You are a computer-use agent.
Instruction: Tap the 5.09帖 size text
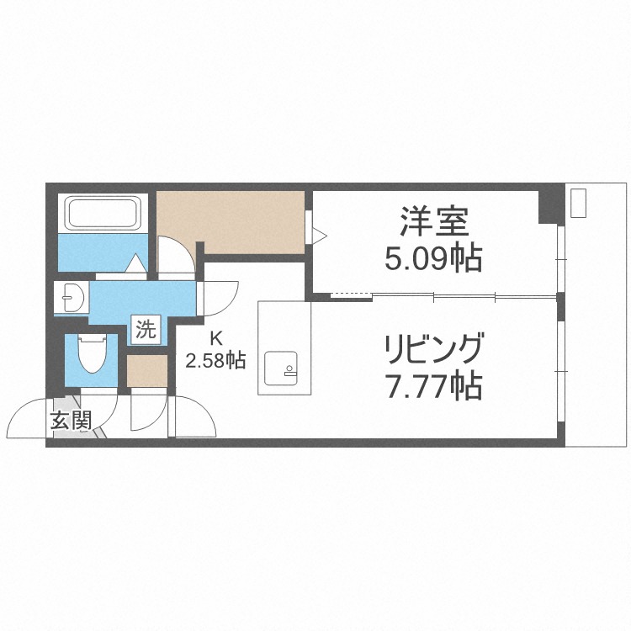click(432, 258)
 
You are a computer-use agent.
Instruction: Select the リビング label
click(434, 347)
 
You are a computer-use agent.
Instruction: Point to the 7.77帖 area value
click(433, 386)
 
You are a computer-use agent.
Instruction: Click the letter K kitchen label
click(215, 340)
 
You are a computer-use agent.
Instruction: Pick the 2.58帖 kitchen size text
click(215, 362)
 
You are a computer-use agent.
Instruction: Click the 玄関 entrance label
click(70, 421)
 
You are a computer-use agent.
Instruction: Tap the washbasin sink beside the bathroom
click(71, 298)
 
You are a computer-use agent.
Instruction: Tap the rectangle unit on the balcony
click(578, 204)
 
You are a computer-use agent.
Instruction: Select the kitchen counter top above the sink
click(284, 324)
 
